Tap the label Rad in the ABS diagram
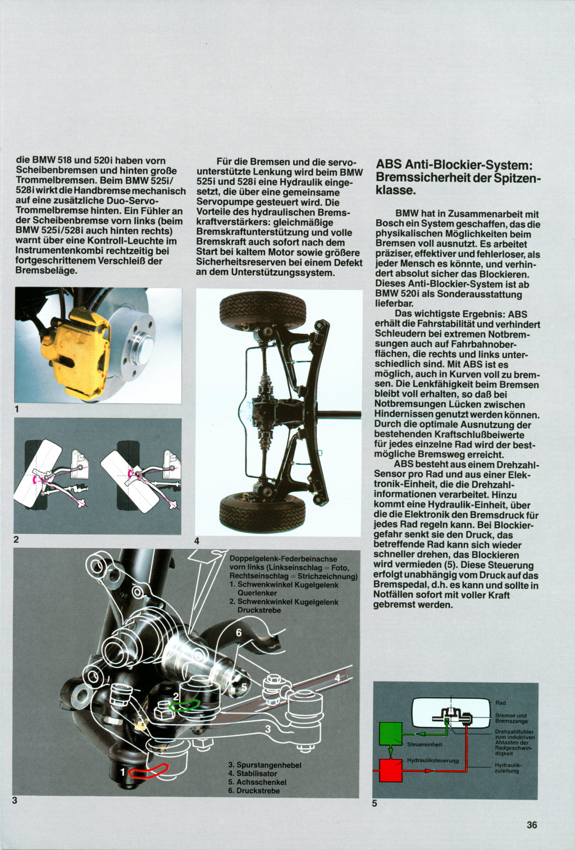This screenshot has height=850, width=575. (500, 703)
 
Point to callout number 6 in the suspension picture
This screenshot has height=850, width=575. (239, 633)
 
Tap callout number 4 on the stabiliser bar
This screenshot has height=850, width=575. (337, 678)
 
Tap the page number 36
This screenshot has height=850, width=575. (532, 825)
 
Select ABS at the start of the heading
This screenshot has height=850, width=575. (389, 165)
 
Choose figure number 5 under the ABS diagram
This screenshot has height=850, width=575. (375, 803)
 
